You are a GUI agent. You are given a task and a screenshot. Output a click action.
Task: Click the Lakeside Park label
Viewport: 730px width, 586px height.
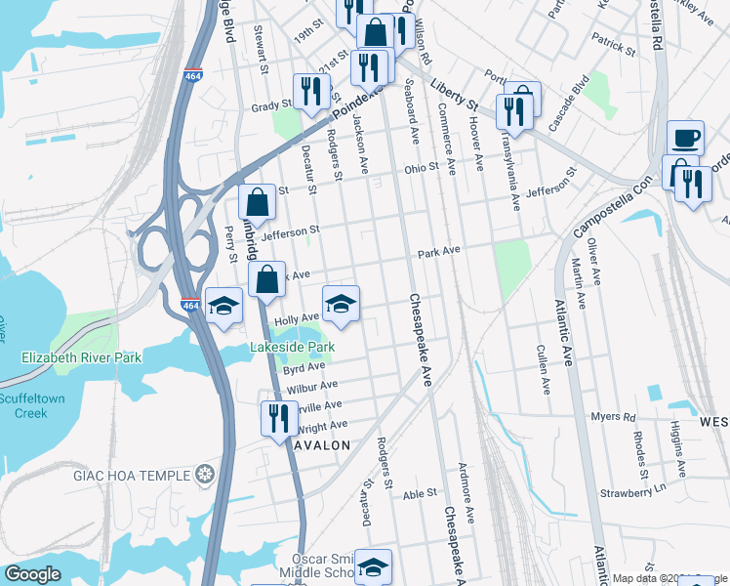[x=293, y=347]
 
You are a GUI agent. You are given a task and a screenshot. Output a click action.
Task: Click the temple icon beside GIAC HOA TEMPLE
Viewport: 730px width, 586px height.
[x=204, y=476]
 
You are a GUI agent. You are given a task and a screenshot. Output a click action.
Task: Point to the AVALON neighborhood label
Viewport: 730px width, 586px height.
[x=321, y=445]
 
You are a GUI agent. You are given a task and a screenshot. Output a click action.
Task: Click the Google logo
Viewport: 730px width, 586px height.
[x=32, y=574]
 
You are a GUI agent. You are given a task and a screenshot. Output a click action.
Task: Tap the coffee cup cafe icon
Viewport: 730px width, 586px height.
[x=685, y=137]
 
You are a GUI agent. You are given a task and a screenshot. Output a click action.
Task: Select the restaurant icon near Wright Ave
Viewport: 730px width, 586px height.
[x=279, y=417]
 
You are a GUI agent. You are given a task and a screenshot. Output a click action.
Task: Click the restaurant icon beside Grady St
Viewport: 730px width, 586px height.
[x=311, y=92]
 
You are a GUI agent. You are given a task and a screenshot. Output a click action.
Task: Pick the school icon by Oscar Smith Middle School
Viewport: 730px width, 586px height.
[x=373, y=565]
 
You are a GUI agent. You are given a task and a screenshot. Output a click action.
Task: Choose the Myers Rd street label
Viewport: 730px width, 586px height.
[x=613, y=416]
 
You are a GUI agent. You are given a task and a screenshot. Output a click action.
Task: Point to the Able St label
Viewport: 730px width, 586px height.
[x=419, y=494]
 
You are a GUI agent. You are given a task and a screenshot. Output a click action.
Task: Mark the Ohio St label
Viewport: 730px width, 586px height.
[x=422, y=169]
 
